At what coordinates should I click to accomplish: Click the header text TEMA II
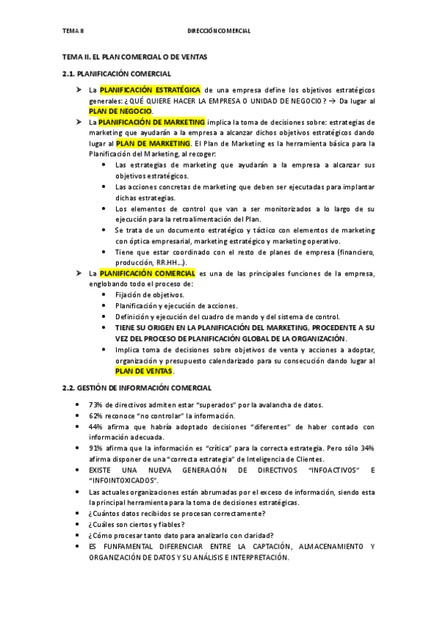click(73, 31)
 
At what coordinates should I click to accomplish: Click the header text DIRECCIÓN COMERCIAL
click(219, 31)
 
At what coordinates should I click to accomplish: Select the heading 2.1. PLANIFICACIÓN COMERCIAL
click(117, 74)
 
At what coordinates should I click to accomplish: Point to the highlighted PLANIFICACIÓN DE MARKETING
click(152, 122)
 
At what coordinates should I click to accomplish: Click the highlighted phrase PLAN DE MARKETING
click(149, 144)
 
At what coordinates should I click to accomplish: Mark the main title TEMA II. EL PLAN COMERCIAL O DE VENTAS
click(135, 56)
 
